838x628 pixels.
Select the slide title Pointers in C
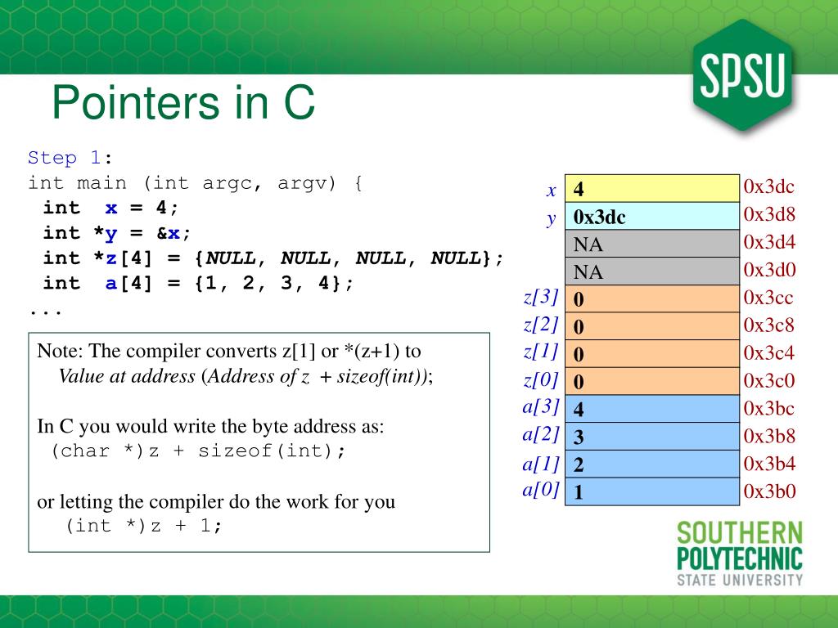tap(183, 102)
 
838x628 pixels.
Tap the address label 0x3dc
tap(769, 186)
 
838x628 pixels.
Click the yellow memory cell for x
tap(652, 189)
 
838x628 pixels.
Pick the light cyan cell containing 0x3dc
tap(652, 216)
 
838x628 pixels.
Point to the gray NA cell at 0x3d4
tap(652, 244)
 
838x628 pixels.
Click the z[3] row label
tap(541, 297)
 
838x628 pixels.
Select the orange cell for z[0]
tap(652, 381)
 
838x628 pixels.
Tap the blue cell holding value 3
tap(652, 437)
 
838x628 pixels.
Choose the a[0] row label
tap(541, 490)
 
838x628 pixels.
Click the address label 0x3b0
tap(769, 491)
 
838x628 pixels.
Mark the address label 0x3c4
tap(769, 352)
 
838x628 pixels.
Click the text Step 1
tap(64, 158)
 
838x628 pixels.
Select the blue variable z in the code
tap(111, 258)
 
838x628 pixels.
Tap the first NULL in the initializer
tap(230, 258)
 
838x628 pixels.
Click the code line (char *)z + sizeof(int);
tap(198, 451)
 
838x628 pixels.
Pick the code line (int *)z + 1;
tap(143, 526)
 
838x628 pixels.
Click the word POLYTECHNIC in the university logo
tap(740, 558)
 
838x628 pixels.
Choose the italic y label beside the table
tap(552, 218)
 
